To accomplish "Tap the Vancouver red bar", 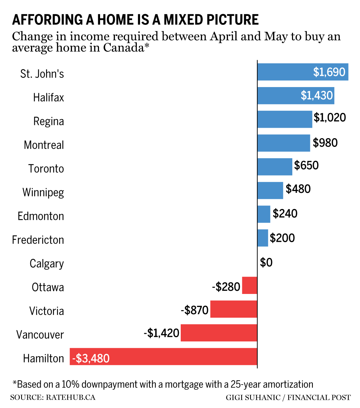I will pyautogui.click(x=219, y=333).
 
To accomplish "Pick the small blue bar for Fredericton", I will pyautogui.click(x=263, y=238).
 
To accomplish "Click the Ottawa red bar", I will pyautogui.click(x=249, y=285).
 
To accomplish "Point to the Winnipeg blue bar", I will pyautogui.click(x=270, y=190).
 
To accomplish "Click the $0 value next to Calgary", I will pyautogui.click(x=266, y=263).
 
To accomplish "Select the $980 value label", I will pyautogui.click(x=325, y=143).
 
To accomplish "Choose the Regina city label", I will pyautogui.click(x=49, y=121).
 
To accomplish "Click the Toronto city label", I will pyautogui.click(x=46, y=168).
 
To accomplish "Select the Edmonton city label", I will pyautogui.click(x=41, y=216).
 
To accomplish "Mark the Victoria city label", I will pyautogui.click(x=46, y=311).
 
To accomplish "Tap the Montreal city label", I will pyautogui.click(x=44, y=145).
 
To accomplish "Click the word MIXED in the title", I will pyautogui.click(x=185, y=19).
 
